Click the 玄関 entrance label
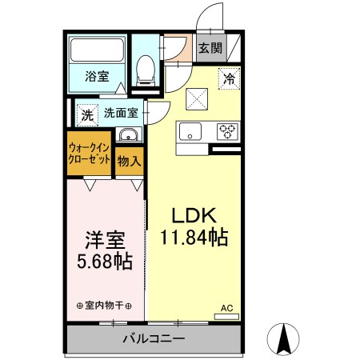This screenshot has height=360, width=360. [x=210, y=47]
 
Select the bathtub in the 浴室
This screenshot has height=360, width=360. [x=98, y=53]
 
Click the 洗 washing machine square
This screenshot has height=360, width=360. [x=87, y=114]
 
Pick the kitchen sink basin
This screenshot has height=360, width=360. [x=191, y=131]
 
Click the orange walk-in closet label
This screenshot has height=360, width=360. [x=90, y=154]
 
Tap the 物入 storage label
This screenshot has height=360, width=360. [x=130, y=161]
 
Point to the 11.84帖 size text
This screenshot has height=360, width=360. [x=192, y=238]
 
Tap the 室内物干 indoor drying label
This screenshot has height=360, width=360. [x=104, y=306]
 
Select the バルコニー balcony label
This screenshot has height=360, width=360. [x=153, y=338]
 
